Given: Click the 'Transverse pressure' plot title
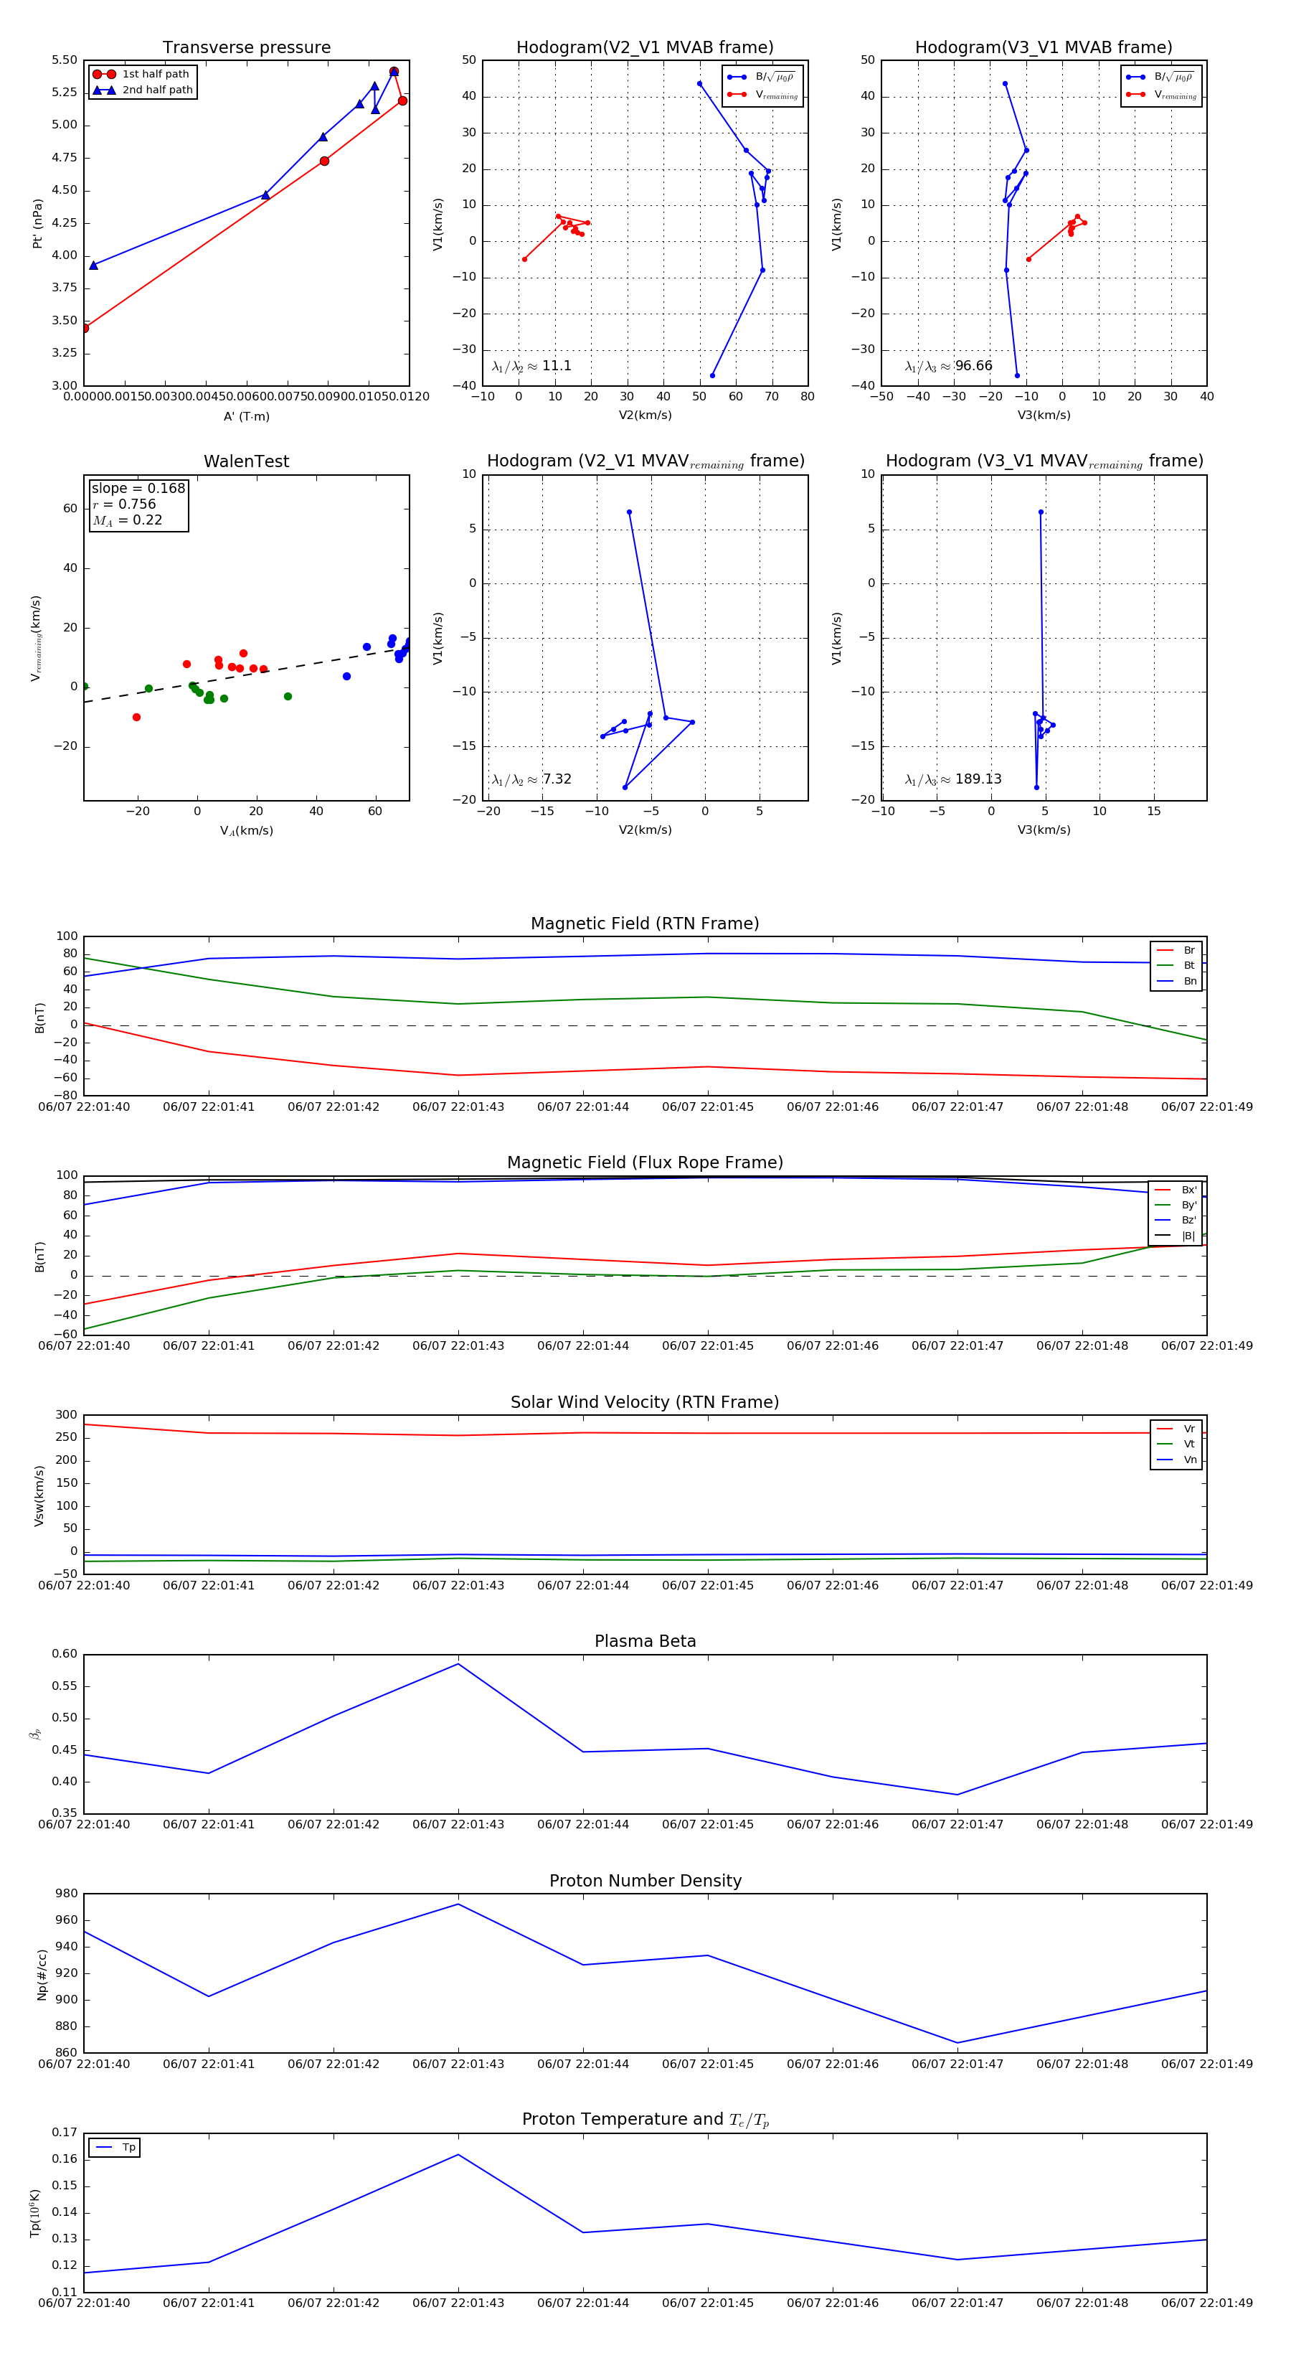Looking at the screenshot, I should click(246, 48).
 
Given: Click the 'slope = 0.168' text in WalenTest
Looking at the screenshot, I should click(138, 488).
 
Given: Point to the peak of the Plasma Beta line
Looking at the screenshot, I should click(458, 1664).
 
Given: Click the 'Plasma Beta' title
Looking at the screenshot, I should click(645, 1641).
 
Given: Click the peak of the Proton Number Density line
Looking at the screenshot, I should click(458, 1904).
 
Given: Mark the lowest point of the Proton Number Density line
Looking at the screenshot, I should click(957, 2043).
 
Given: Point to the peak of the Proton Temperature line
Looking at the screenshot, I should click(458, 2155).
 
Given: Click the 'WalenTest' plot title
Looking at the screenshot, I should click(246, 461).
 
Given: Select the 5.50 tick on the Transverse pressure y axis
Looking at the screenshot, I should click(65, 61).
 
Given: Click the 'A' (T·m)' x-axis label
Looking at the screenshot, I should click(246, 416).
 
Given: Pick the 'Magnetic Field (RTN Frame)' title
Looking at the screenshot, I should click(645, 924).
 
